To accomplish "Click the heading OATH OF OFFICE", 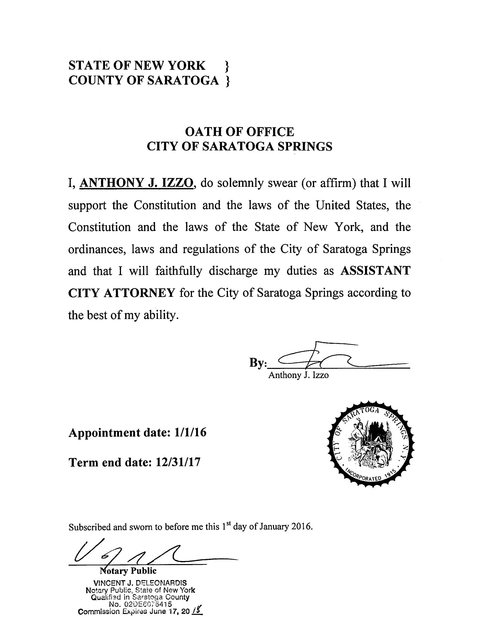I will coord(239,132).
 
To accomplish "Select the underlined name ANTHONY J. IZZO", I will coord(136,183).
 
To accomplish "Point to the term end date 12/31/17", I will coord(178,462).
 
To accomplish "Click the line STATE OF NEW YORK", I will coord(137,65).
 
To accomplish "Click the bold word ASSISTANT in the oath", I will coord(375,271).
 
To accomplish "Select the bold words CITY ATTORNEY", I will coord(121,293).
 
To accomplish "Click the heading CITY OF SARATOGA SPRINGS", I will coord(239,146).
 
